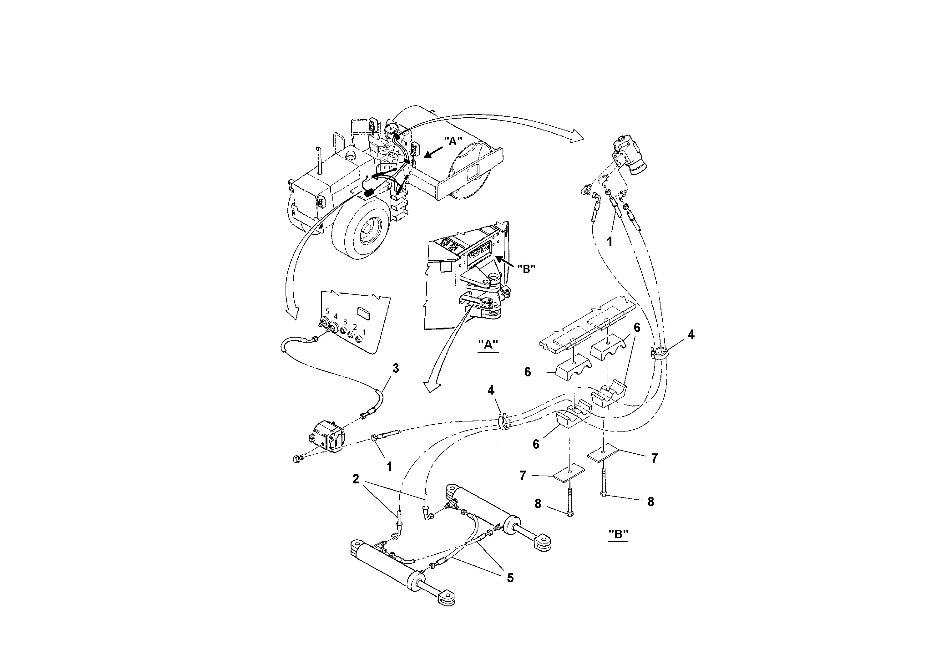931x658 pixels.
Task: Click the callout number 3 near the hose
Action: pos(395,368)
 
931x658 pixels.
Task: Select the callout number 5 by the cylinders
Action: pos(510,578)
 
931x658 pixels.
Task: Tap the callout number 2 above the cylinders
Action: pos(356,479)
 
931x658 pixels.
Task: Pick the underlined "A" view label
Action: pos(488,344)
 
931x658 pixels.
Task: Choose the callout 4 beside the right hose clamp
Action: pos(691,335)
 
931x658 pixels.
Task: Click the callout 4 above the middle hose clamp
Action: pos(491,390)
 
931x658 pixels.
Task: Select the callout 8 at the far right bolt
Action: pos(650,502)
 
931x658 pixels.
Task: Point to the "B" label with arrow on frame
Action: pos(526,268)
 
